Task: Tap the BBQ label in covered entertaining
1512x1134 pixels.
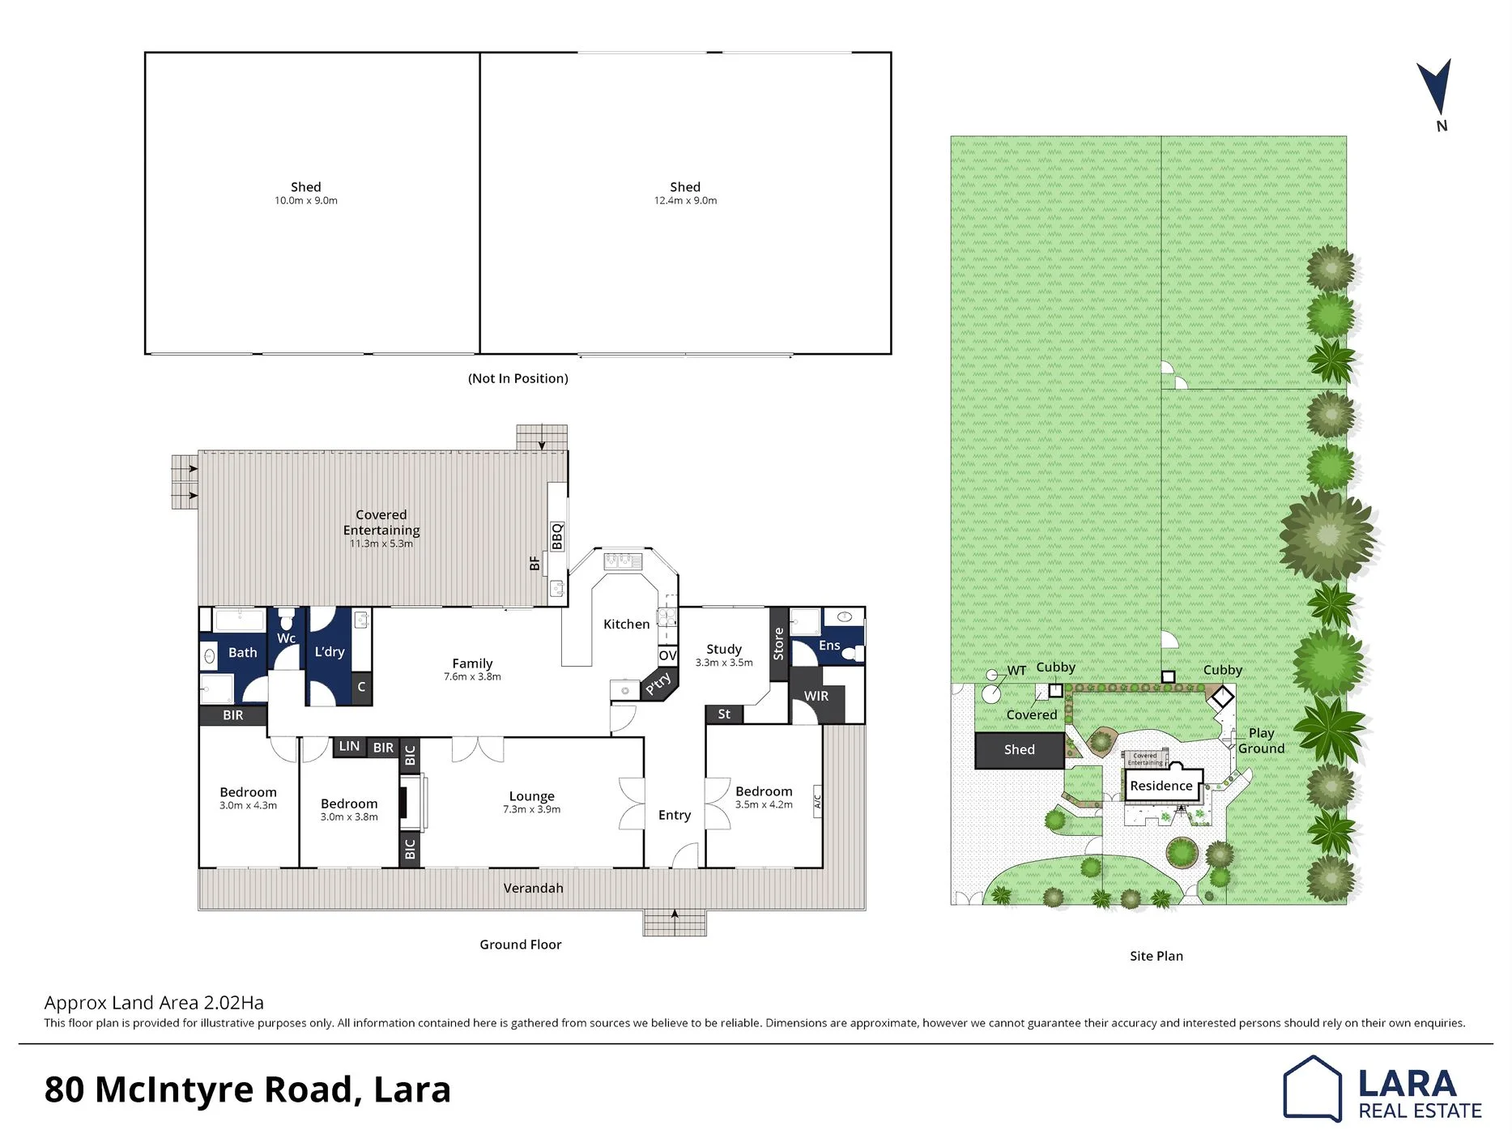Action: coord(557,536)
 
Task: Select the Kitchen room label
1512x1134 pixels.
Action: coord(626,625)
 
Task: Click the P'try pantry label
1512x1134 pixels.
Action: coord(658,683)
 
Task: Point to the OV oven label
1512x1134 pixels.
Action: coord(667,655)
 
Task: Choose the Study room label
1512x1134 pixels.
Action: coord(724,649)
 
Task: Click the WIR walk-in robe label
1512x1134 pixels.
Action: coord(816,697)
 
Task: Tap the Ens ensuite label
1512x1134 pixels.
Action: coord(829,646)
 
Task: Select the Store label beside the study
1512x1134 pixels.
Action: coord(778,644)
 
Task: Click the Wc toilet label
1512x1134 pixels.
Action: coord(286,638)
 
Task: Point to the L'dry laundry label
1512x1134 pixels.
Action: coord(330,652)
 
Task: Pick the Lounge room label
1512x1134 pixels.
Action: coord(532,796)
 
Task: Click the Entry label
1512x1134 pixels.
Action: coord(675,815)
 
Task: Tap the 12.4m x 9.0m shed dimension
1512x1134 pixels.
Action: coord(685,201)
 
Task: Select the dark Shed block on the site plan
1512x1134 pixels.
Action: coord(1020,750)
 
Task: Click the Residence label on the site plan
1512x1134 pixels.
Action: coord(1161,786)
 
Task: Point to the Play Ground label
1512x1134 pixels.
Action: coord(1261,741)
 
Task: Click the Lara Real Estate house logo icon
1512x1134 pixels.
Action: coord(1312,1089)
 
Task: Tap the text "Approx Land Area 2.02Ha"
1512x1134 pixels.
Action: coord(154,1003)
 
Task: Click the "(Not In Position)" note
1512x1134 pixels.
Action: coord(518,378)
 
